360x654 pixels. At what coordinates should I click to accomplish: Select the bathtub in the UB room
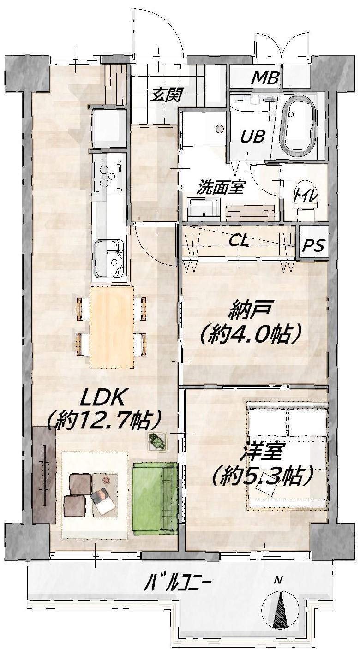(x=298, y=126)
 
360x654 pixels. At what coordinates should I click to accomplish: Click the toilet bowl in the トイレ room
(x=306, y=200)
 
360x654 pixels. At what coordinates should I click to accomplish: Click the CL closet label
(x=239, y=241)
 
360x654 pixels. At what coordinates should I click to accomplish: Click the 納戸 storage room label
(x=251, y=312)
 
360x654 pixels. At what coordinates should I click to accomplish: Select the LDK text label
(x=103, y=398)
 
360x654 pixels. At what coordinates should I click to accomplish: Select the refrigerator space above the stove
(x=109, y=129)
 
